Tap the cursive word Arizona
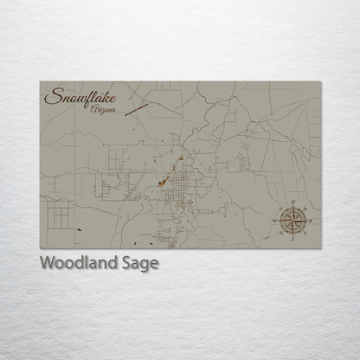[x=103, y=110]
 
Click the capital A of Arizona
[x=93, y=110]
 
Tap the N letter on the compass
[x=294, y=203]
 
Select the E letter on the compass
[x=309, y=222]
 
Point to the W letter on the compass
[x=275, y=220]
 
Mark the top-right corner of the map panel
[x=320, y=81]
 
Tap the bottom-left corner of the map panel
[x=40, y=248]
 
